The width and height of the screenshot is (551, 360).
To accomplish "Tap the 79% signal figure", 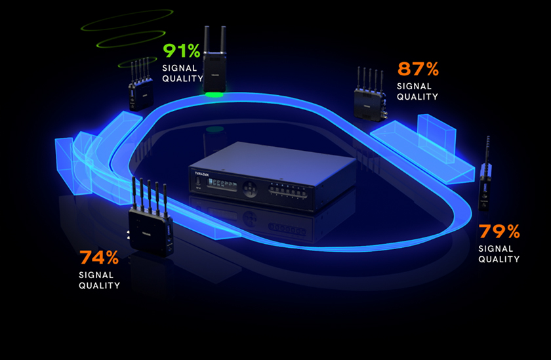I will [499, 231].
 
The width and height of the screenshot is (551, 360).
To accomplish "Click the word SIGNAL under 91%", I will [178, 68].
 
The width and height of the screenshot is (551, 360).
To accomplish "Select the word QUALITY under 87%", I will [417, 96].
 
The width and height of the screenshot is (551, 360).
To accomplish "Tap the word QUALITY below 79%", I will [499, 259].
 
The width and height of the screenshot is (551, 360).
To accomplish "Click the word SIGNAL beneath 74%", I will [96, 275].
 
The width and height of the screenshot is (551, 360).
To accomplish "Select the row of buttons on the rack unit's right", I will [289, 193].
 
